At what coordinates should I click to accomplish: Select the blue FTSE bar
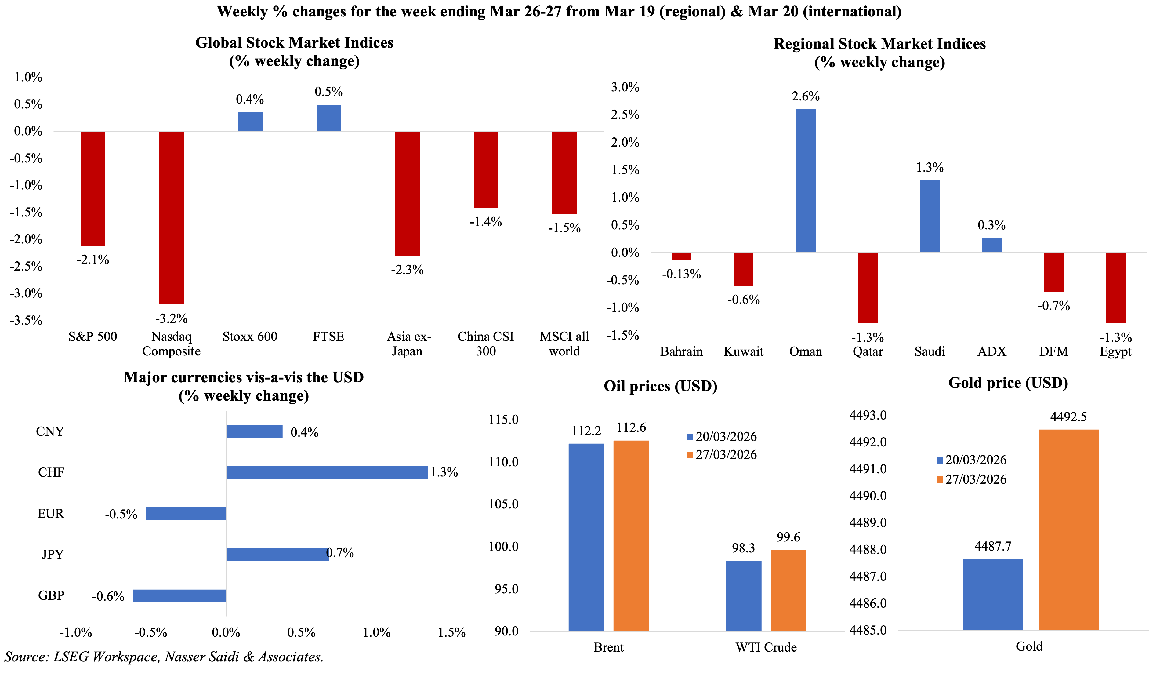329,118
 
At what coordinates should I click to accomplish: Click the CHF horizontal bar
327,472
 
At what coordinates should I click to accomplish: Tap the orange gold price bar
1069,529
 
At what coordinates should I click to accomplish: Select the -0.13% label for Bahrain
681,274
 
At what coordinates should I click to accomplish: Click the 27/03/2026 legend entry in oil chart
722,455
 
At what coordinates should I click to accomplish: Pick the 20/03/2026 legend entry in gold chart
972,460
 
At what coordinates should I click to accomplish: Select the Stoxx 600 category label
250,336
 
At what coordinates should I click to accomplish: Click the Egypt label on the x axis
1116,351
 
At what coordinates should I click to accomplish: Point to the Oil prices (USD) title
660,386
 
